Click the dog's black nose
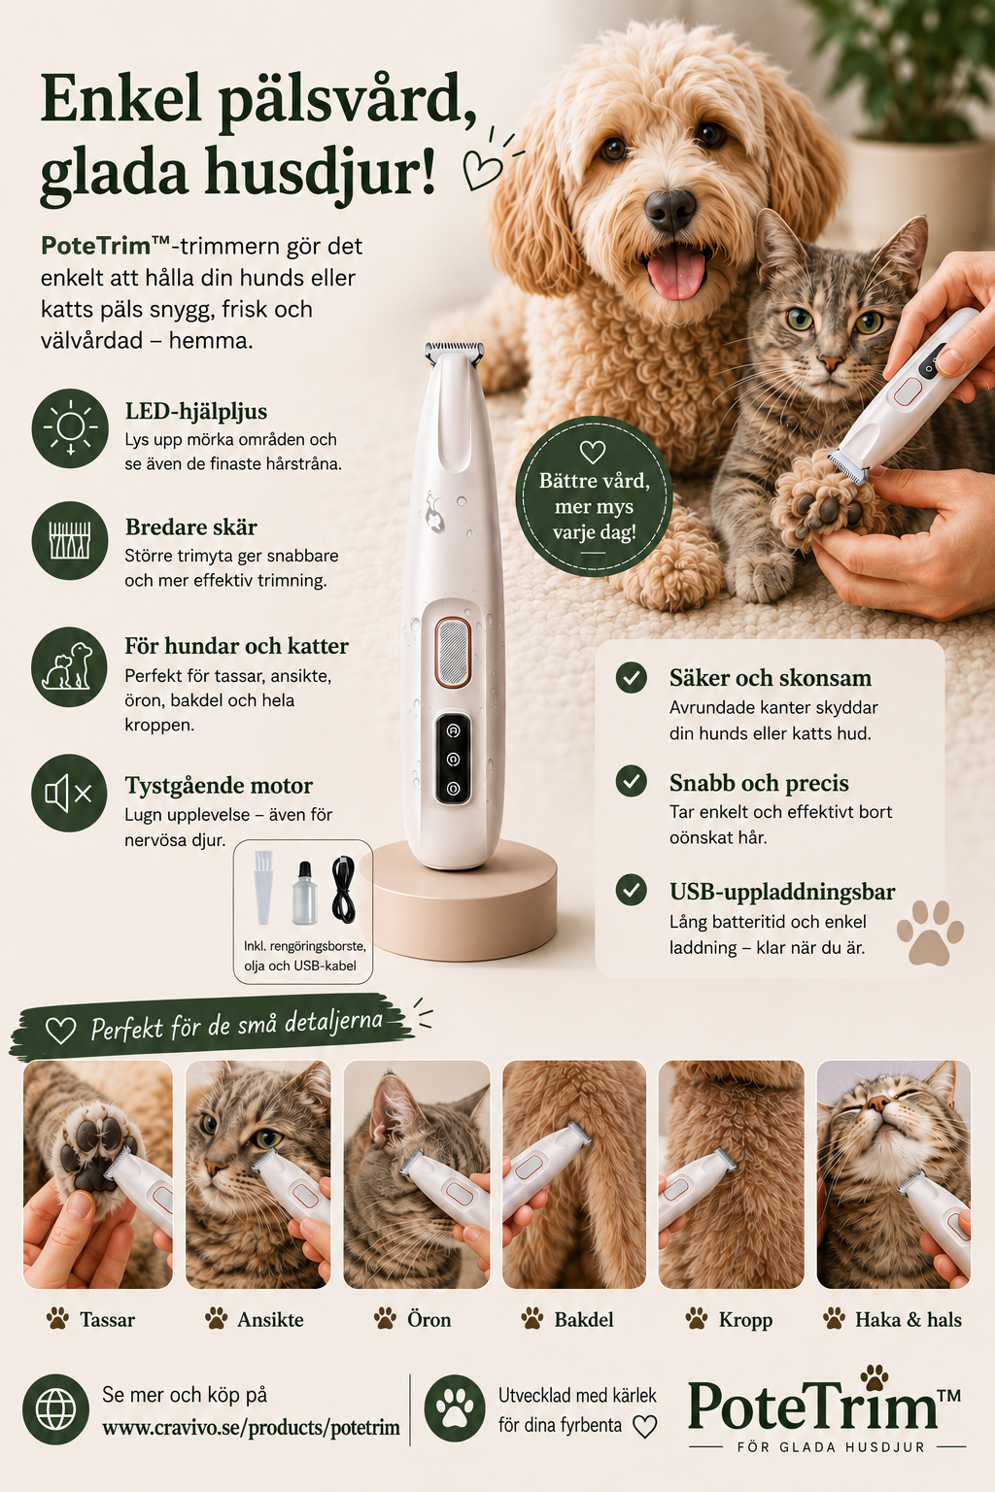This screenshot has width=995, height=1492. click(669, 209)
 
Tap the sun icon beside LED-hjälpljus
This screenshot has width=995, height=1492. click(70, 427)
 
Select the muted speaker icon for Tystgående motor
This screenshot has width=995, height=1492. click(69, 793)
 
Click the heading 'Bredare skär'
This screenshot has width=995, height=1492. click(190, 526)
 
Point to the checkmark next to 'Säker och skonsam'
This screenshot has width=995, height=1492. click(632, 677)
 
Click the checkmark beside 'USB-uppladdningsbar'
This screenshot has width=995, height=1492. click(632, 890)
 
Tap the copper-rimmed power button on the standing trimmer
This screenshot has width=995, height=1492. click(453, 652)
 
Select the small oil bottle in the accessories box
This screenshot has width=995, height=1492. click(304, 893)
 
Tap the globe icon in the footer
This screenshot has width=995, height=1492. click(55, 1408)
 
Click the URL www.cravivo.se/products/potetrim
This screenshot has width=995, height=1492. click(252, 1428)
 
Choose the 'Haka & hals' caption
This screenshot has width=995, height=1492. click(909, 1319)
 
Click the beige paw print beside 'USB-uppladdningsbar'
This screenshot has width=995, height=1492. click(930, 932)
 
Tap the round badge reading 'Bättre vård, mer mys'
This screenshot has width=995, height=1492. click(593, 496)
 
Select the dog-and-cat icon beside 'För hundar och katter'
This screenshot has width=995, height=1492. click(69, 666)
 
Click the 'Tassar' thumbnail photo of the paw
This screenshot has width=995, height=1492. click(98, 1174)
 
